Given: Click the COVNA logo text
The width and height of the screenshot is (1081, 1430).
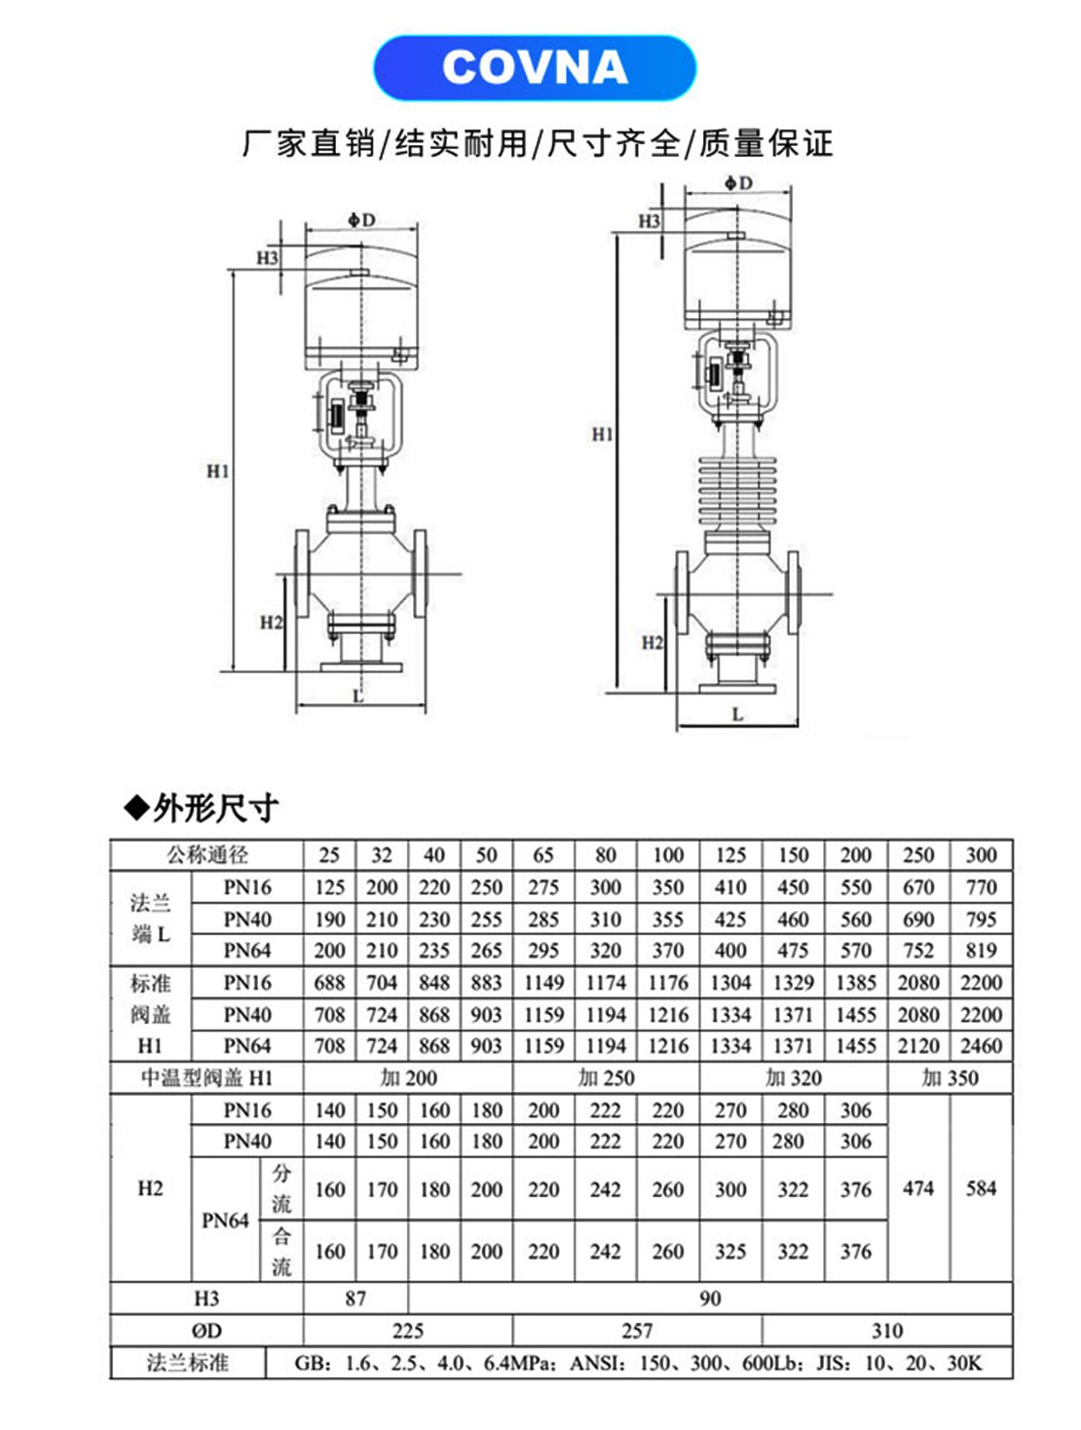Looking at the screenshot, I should coord(535,67).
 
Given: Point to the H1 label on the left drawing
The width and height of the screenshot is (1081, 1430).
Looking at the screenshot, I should coord(217,471).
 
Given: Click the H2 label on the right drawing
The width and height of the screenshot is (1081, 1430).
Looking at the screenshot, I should coord(652,642).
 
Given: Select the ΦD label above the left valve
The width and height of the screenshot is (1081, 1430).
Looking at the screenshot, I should coord(362,220).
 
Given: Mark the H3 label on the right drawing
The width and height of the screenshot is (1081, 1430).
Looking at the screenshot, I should coord(650,221).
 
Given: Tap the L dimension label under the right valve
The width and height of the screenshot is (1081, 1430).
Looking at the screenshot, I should coord(737,714).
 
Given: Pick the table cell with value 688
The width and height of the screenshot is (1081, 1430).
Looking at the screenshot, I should coord(329,983).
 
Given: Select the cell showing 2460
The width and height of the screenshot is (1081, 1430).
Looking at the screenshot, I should coord(981,1046).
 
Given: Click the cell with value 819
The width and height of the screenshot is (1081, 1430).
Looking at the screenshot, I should coord(981,951).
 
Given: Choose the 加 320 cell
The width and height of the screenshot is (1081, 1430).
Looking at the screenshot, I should coord(793,1078).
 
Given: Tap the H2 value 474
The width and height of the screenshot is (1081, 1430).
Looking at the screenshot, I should coord(918,1188).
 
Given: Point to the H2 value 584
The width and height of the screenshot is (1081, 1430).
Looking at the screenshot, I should coord(981,1188).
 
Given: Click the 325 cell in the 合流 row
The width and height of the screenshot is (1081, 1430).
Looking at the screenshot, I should coord(730,1252).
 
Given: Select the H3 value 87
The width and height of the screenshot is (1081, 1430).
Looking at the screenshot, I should coord(355,1298).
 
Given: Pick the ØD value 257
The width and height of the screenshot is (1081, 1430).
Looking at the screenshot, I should coord(637,1331).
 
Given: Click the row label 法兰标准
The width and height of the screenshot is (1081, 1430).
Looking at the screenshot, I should coord(187,1363).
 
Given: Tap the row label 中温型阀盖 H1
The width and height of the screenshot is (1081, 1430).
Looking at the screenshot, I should coord(206,1078).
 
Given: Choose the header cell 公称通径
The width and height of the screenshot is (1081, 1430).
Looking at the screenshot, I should coord(206,855).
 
